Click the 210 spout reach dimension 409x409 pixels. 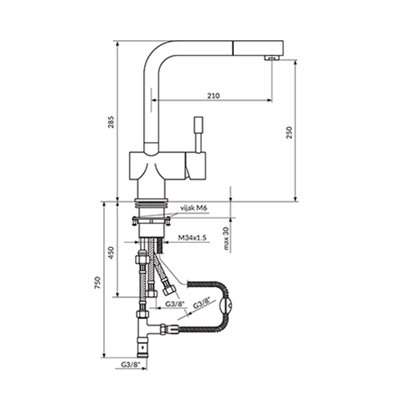click(213, 96)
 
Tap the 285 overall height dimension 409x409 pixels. click(111, 122)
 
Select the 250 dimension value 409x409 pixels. click(289, 133)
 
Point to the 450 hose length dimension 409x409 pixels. click(111, 253)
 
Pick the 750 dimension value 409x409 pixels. click(97, 283)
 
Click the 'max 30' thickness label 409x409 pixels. click(226, 238)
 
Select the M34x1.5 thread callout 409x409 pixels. click(192, 237)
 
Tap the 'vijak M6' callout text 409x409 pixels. click(194, 208)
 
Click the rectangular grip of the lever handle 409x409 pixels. click(198, 124)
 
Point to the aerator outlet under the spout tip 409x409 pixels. click(272, 57)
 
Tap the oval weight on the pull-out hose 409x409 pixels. click(226, 306)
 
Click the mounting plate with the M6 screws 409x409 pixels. click(151, 219)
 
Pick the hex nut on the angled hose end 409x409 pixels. click(169, 290)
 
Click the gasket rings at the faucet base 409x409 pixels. click(151, 203)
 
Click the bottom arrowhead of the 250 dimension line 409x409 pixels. click(295, 199)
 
